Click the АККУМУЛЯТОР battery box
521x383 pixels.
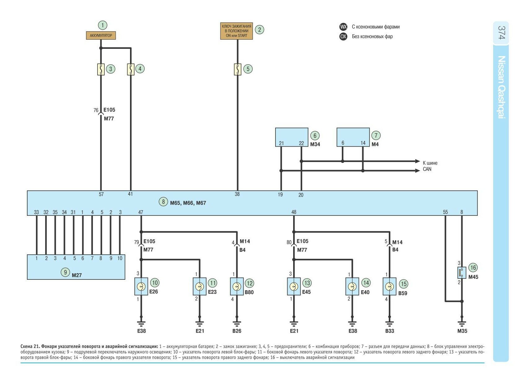click(101, 36)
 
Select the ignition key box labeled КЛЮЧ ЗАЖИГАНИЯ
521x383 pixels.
click(237, 31)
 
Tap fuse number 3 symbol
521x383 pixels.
click(101, 69)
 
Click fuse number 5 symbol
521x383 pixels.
click(237, 69)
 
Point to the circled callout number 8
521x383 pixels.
click(163, 202)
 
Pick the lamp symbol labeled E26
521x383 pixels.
click(141, 287)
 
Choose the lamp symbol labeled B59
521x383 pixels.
click(389, 287)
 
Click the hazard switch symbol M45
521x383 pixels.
click(462, 273)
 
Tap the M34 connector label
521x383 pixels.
click(315, 144)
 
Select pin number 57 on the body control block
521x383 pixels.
click(101, 194)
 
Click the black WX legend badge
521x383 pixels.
click(343, 27)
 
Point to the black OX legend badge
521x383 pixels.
click(343, 36)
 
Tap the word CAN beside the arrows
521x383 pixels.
click(427, 169)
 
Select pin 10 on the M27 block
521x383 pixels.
click(120, 258)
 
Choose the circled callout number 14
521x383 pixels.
click(366, 283)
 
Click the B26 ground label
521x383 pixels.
click(237, 331)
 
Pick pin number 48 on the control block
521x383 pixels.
click(294, 212)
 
